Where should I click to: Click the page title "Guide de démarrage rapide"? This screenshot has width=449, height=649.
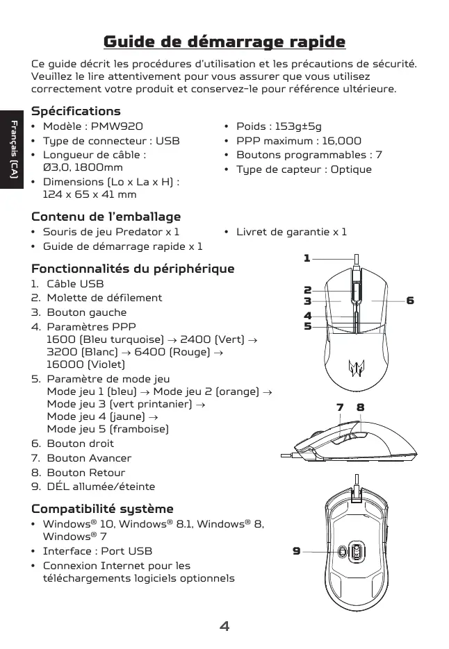pyautogui.click(x=224, y=42)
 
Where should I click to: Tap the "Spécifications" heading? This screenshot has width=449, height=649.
pyautogui.click(x=76, y=111)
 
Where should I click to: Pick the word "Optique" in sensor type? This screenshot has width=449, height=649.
pyautogui.click(x=351, y=169)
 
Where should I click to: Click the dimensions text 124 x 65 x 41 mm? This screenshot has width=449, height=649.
pyautogui.click(x=90, y=194)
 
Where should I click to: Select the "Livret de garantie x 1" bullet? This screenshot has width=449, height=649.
pyautogui.click(x=291, y=232)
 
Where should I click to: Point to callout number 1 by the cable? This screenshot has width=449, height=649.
pyautogui.click(x=307, y=258)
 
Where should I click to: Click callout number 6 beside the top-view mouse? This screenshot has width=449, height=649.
pyautogui.click(x=410, y=301)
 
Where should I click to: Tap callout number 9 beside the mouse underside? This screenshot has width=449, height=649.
pyautogui.click(x=296, y=551)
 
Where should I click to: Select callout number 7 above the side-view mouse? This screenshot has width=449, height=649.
pyautogui.click(x=340, y=407)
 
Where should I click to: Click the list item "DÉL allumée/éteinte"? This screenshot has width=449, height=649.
pyautogui.click(x=101, y=487)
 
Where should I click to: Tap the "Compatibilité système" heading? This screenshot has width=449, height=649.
pyautogui.click(x=102, y=509)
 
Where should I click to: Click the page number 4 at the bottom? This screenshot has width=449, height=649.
pyautogui.click(x=224, y=627)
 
